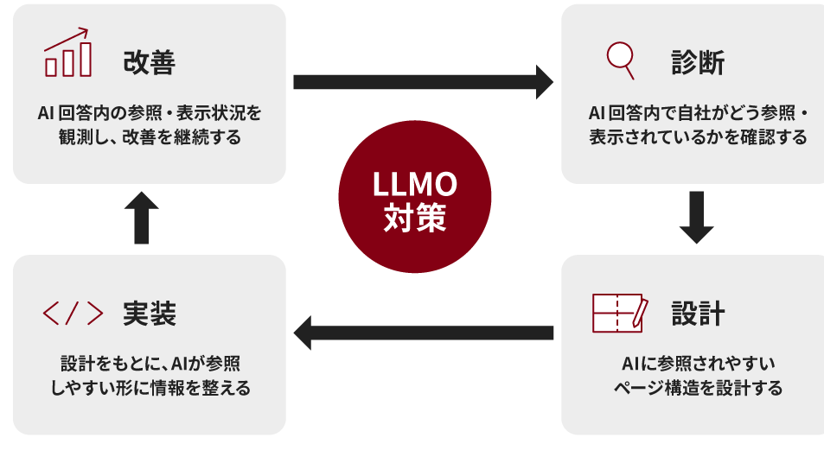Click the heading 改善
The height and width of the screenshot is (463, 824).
(149, 62)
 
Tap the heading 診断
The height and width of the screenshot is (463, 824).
(697, 62)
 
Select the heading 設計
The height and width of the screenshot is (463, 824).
(697, 314)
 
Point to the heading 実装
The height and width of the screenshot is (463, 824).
(149, 314)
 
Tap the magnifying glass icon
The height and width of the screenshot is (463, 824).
(620, 59)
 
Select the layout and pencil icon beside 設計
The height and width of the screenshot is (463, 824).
(620, 313)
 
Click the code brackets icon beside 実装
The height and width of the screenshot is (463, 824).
(73, 314)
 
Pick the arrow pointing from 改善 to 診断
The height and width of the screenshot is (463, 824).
(423, 82)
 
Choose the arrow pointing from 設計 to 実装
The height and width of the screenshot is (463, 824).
(423, 333)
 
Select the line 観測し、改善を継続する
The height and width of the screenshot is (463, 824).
(149, 137)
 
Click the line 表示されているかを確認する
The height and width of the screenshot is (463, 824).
(697, 137)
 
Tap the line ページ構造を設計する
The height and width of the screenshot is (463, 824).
(697, 388)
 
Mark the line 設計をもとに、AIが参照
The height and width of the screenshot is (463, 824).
(149, 363)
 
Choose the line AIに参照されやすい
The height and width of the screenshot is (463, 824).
(697, 363)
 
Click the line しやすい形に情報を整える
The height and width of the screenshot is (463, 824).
(149, 388)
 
